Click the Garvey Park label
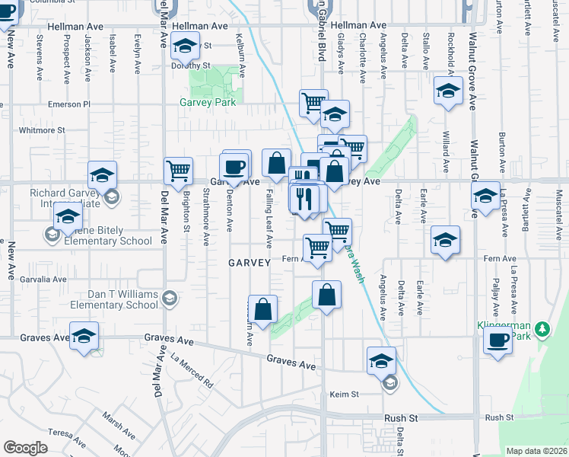[x=207, y=103]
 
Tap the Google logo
[x=25, y=448]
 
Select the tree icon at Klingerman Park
[x=542, y=329]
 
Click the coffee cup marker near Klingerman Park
[x=497, y=340]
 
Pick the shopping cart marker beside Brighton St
[x=178, y=171]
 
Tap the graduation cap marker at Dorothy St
[x=184, y=46]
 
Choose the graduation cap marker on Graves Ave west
[x=84, y=336]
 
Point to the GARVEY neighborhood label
[x=250, y=263]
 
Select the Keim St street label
[x=343, y=395]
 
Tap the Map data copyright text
[x=536, y=451]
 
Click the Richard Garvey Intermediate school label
[x=65, y=198]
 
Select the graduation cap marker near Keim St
[x=381, y=360]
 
